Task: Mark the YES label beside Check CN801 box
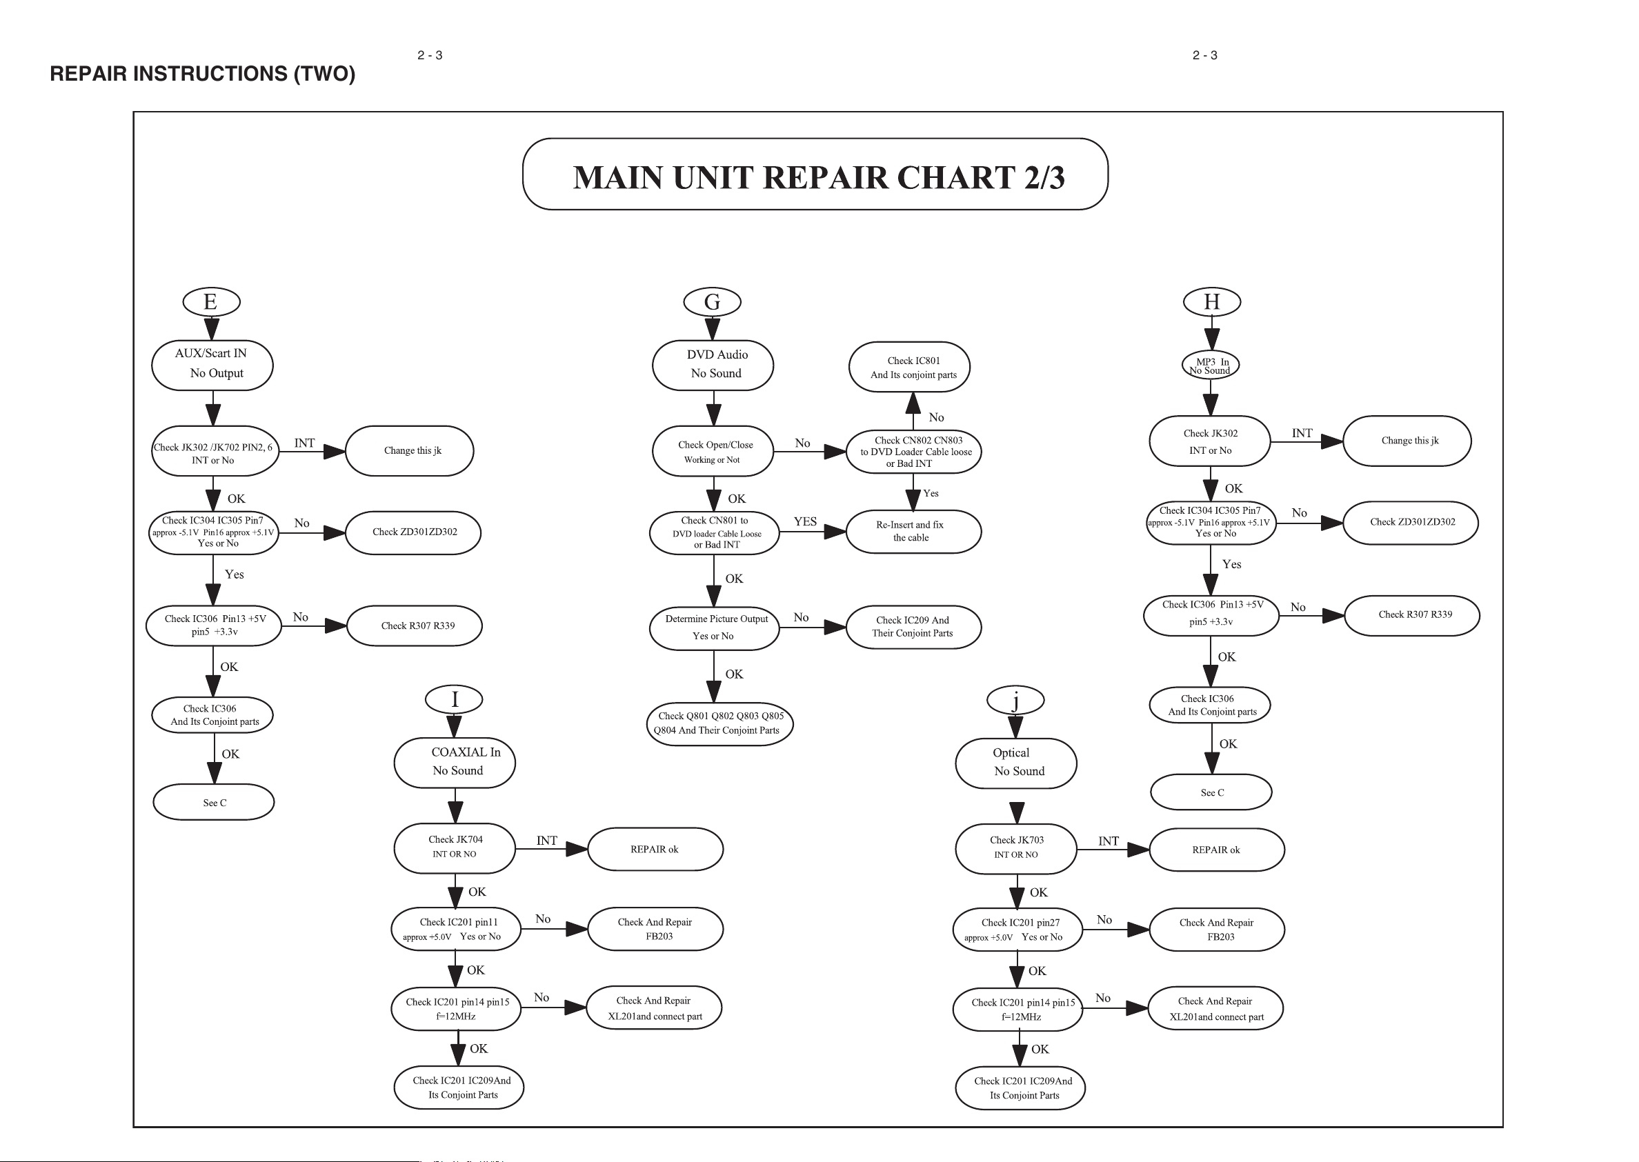(x=805, y=521)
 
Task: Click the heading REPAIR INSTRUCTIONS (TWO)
(x=203, y=74)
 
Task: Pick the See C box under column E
(x=214, y=802)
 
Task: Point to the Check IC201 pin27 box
(x=1017, y=930)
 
